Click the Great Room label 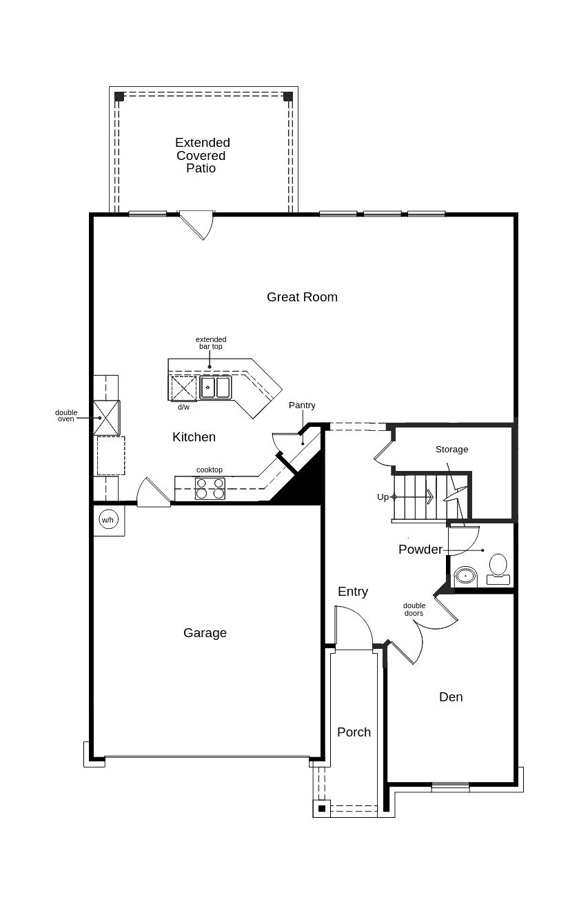[x=302, y=297]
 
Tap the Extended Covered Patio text [x=202, y=155]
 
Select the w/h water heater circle [x=109, y=520]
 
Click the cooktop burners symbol [x=210, y=488]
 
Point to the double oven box [x=107, y=418]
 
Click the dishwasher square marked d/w [x=183, y=388]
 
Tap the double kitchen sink [x=216, y=388]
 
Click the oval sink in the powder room [x=466, y=576]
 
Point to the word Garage [x=205, y=633]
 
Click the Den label [x=451, y=697]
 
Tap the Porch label [x=354, y=732]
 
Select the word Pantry [x=302, y=405]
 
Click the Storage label [x=452, y=449]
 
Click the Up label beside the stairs [x=383, y=496]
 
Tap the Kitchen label [x=194, y=437]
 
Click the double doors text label [x=414, y=610]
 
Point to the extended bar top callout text [x=211, y=343]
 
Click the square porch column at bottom [x=322, y=808]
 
